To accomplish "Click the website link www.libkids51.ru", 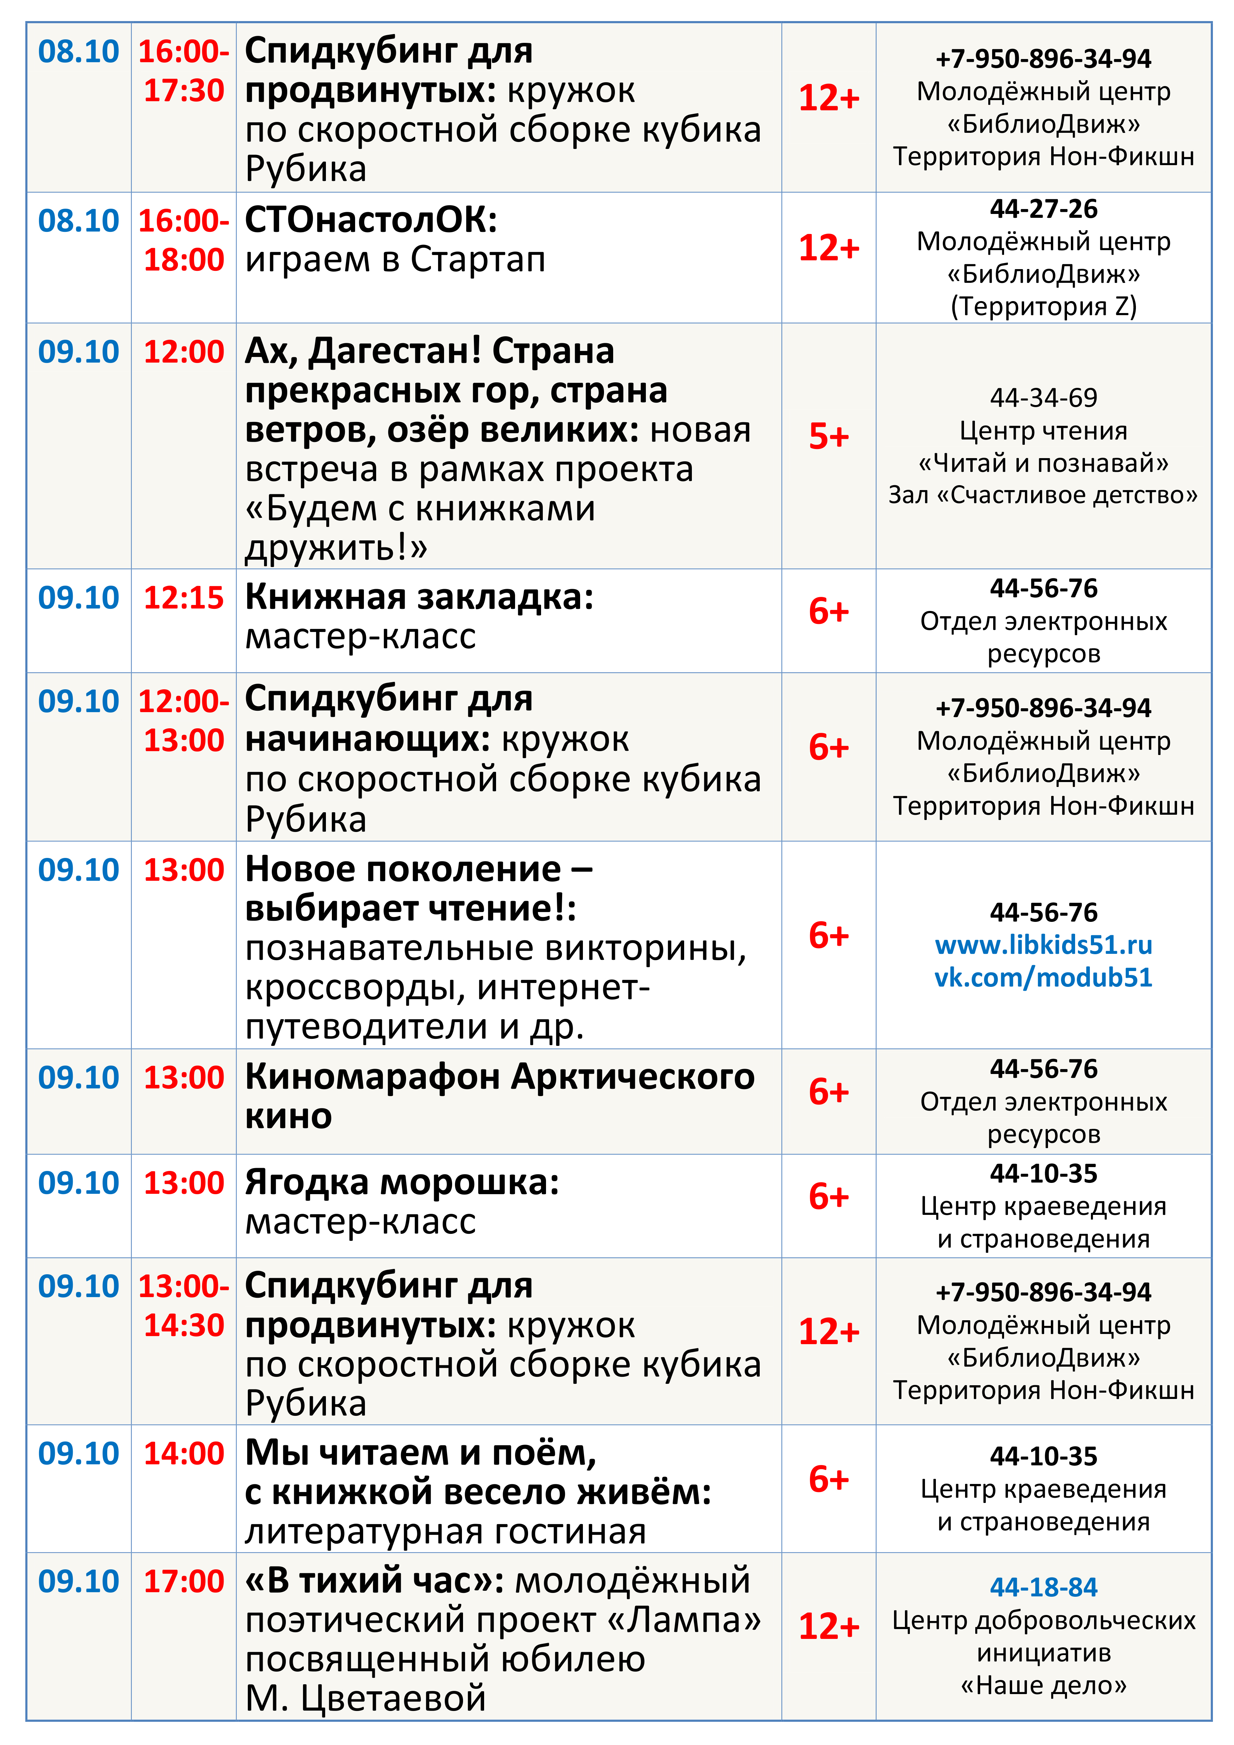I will (x=1043, y=945).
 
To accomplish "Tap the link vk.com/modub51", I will (x=1043, y=977).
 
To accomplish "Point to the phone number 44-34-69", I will (x=1043, y=397).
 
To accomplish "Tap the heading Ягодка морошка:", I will (x=401, y=1183).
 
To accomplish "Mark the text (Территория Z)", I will (x=1043, y=306).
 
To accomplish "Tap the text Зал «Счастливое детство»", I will (x=1043, y=495).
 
